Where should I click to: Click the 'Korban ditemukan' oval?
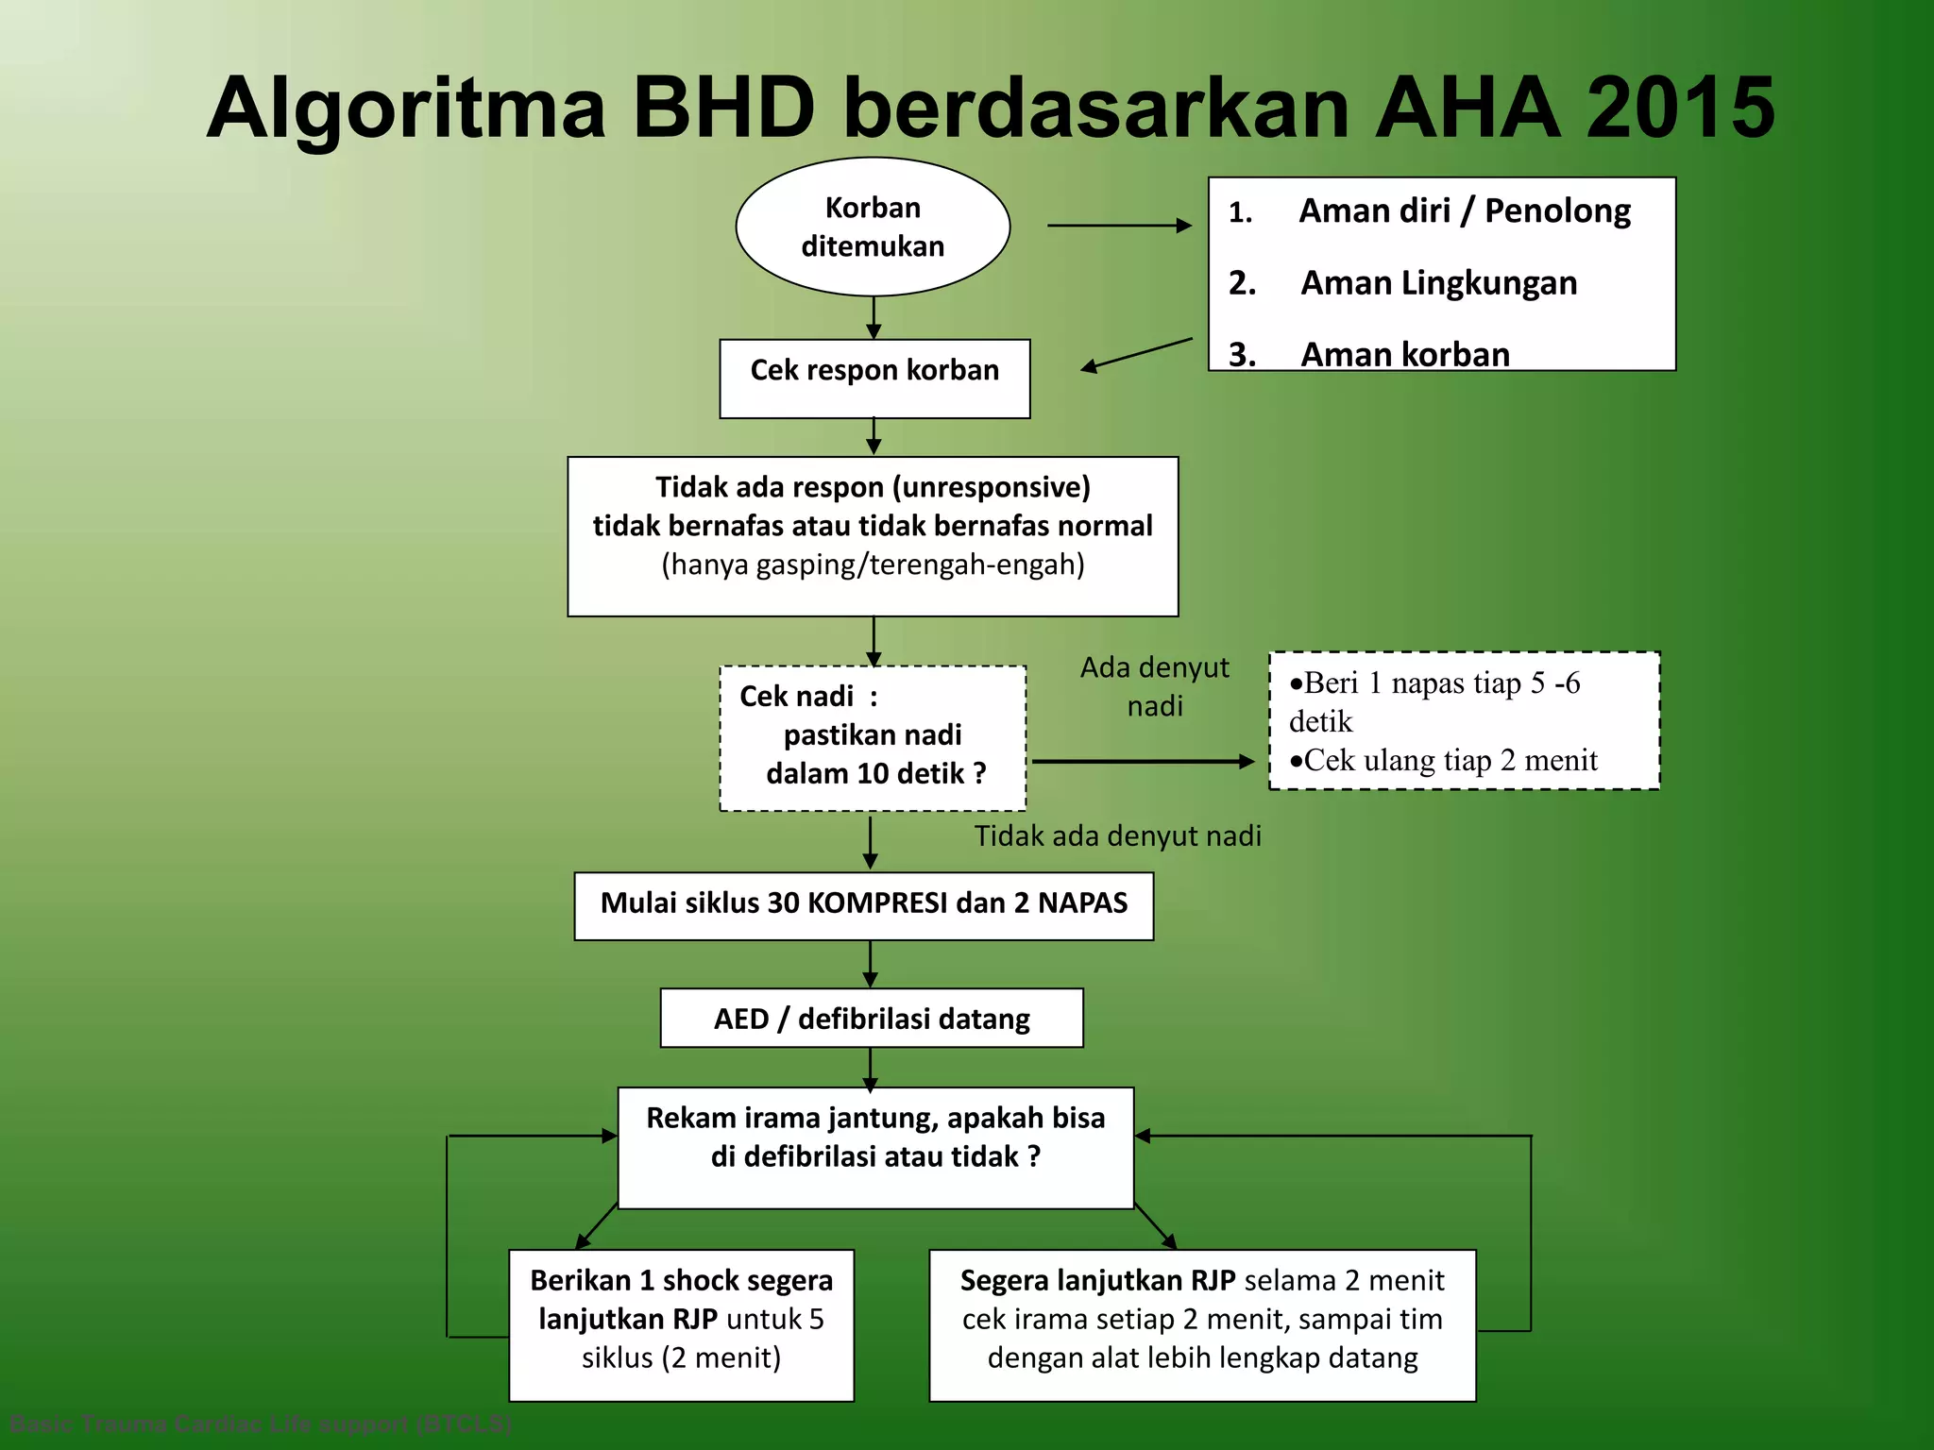873,227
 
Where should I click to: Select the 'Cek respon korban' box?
874,378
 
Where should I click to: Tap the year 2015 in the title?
1680,108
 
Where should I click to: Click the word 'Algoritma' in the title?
405,110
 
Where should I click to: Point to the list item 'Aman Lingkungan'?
1438,283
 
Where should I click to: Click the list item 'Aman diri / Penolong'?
1464,211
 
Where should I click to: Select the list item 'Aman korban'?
1404,354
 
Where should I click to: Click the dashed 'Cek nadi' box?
873,737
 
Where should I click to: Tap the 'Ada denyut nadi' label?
1154,686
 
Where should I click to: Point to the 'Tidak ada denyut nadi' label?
1117,836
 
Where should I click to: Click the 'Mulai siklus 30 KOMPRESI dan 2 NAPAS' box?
863,904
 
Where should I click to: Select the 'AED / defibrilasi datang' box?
872,1019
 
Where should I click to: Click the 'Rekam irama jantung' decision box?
875,1147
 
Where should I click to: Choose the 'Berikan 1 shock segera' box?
681,1324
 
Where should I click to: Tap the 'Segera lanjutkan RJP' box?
1202,1324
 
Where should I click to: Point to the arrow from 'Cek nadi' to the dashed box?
1143,761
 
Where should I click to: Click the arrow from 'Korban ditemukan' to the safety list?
1119,226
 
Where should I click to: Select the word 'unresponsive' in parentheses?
991,487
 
